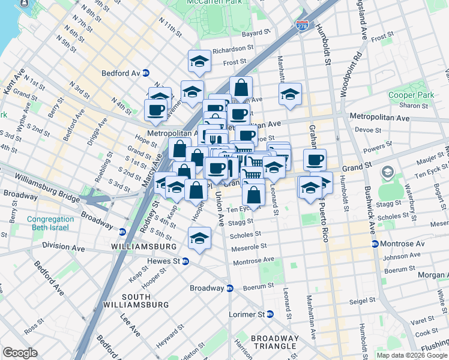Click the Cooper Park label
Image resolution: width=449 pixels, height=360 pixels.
[x=403, y=95]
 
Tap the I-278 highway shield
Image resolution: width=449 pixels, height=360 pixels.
[x=303, y=26]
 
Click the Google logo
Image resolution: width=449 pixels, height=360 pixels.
[x=20, y=353]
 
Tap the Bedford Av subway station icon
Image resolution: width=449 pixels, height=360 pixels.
[x=146, y=73]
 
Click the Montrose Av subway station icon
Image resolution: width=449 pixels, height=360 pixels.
[x=375, y=244]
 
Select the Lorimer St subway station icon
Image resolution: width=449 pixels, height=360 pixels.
[x=270, y=314]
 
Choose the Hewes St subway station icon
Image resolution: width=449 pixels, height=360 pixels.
[x=185, y=261]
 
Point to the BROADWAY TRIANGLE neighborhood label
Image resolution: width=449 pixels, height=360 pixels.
[x=274, y=342]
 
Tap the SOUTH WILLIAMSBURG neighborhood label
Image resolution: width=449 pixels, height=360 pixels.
[x=145, y=301]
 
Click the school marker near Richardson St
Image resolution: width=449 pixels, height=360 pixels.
[x=199, y=61]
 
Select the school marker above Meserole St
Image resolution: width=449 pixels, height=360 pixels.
[x=199, y=238]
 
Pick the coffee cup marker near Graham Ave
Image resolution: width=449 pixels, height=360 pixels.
[x=315, y=160]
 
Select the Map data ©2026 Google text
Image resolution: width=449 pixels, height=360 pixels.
[x=412, y=355]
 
